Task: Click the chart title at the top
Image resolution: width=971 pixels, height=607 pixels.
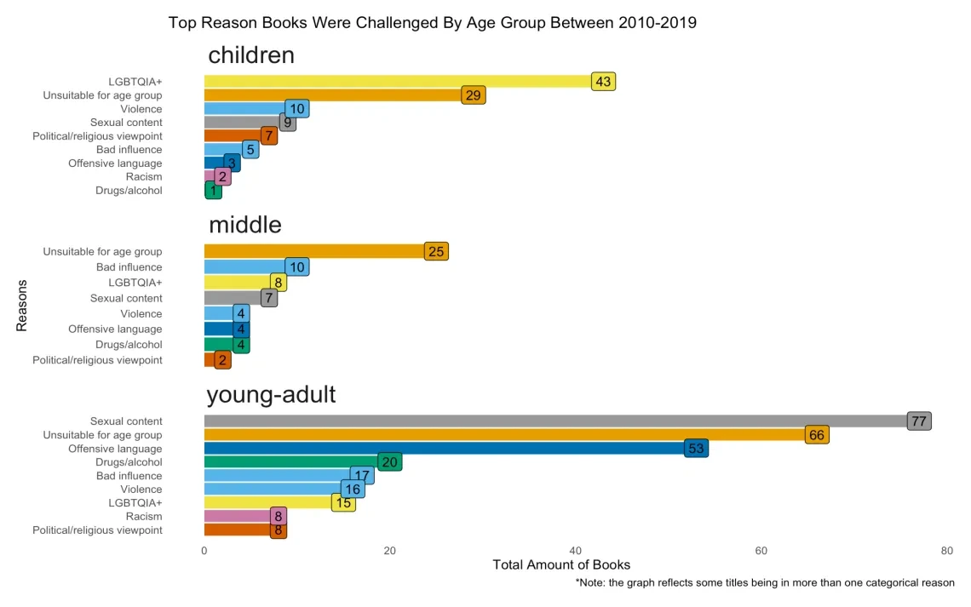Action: pos(432,23)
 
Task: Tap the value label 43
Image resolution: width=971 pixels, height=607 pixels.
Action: pos(603,82)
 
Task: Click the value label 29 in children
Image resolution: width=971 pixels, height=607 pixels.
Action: pos(473,95)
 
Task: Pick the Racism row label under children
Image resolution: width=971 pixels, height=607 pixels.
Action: pos(143,177)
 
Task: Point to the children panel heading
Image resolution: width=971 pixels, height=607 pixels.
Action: pos(251,55)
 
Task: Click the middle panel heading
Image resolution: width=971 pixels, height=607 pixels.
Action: pos(245,225)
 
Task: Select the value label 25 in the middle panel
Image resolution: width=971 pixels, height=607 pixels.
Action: pos(436,252)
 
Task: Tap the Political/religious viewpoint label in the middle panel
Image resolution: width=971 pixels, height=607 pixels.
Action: pos(97,360)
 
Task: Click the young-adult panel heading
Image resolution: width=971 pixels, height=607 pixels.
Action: pos(271,395)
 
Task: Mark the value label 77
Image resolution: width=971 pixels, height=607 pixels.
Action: pos(918,421)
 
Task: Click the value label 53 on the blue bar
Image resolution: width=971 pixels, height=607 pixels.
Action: pos(696,449)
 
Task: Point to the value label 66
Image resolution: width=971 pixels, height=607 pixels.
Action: pos(817,435)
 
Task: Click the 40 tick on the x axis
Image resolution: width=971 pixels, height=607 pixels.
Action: pos(576,551)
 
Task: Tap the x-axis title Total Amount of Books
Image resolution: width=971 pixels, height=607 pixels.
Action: pos(561,565)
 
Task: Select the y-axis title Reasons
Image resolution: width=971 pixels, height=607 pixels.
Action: pos(22,306)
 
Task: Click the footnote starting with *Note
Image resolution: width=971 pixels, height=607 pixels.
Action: pos(765,583)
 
